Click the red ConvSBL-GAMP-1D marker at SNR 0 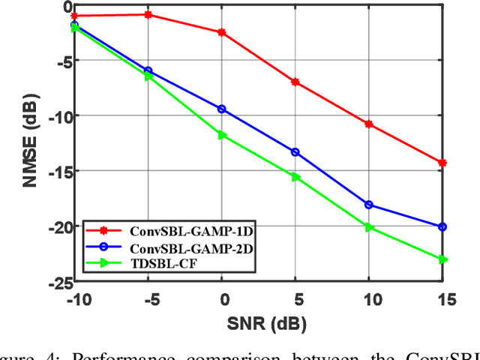pos(221,32)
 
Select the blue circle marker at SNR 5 pos(295,152)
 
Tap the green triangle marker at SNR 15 pos(442,259)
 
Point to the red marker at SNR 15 pos(442,163)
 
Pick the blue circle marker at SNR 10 pos(369,205)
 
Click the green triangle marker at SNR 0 pos(221,135)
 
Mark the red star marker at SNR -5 pos(148,14)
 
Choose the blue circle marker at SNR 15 pos(442,226)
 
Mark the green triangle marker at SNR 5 pos(295,177)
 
